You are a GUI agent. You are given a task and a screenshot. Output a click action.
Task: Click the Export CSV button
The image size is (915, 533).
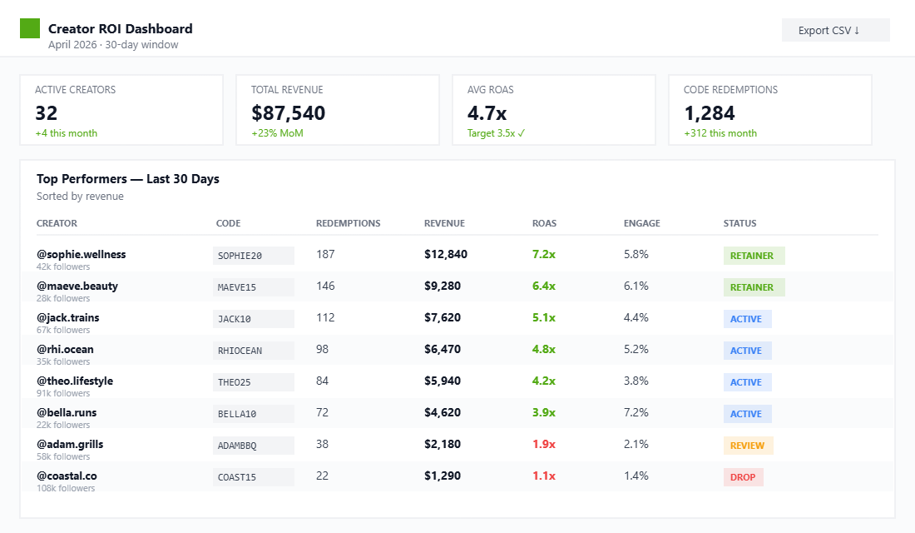pyautogui.click(x=835, y=30)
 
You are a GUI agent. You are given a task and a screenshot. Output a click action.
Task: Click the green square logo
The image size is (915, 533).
pyautogui.click(x=30, y=28)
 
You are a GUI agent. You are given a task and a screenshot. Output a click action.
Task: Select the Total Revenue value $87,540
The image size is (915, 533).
pyautogui.click(x=288, y=113)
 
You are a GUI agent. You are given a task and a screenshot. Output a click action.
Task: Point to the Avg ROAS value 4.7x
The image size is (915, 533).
pyautogui.click(x=487, y=113)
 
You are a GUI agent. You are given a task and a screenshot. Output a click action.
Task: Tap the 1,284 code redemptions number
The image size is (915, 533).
pyautogui.click(x=713, y=113)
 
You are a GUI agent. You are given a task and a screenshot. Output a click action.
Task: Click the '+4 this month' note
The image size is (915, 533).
pyautogui.click(x=66, y=133)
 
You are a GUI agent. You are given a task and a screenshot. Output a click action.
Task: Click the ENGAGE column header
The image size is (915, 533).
pyautogui.click(x=641, y=223)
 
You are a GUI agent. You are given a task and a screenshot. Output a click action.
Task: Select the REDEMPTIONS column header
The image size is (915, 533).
pyautogui.click(x=348, y=223)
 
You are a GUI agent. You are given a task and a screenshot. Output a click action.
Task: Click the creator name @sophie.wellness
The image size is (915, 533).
pyautogui.click(x=82, y=254)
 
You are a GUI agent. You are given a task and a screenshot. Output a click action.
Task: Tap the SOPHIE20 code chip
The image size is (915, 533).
pyautogui.click(x=253, y=256)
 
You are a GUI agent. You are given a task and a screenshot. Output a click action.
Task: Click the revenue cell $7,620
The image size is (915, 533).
pyautogui.click(x=442, y=317)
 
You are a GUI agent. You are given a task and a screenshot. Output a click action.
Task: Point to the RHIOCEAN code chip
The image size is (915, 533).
pyautogui.click(x=253, y=351)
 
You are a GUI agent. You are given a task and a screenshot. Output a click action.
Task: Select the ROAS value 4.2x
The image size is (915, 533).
pyautogui.click(x=543, y=381)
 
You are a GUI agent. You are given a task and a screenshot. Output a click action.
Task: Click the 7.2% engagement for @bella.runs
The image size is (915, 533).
pyautogui.click(x=636, y=412)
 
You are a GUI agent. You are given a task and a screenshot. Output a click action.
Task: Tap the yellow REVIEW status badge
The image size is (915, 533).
pyautogui.click(x=748, y=446)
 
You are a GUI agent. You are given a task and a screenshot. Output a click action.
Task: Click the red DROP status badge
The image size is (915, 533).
pyautogui.click(x=743, y=477)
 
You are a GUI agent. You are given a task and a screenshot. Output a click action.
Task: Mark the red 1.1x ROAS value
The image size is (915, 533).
pyautogui.click(x=543, y=476)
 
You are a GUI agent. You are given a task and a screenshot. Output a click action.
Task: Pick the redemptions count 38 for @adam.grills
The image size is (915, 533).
pyautogui.click(x=323, y=444)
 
